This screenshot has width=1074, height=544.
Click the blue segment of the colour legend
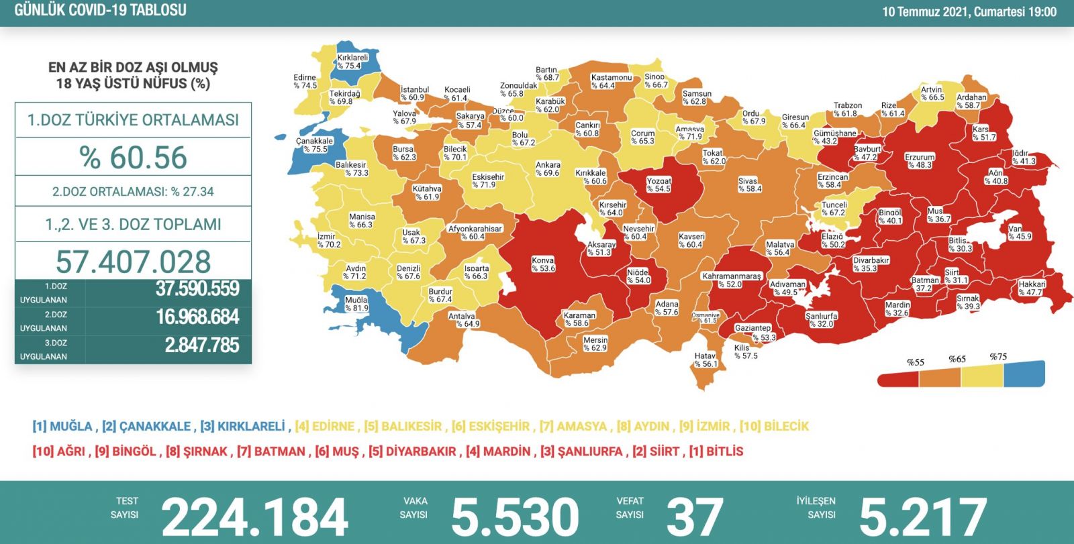(1024, 374)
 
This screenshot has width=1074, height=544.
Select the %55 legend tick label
(916, 362)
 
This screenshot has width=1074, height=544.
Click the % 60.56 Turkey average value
(134, 158)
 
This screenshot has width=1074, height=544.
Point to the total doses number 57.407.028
(134, 262)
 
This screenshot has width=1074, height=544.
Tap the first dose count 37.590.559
(197, 289)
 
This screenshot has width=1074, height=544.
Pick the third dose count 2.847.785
(201, 345)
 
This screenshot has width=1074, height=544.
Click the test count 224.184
(254, 517)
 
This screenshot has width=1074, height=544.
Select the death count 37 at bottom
(695, 517)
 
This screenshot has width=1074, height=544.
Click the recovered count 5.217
(922, 517)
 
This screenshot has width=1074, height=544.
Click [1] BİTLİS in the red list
(716, 451)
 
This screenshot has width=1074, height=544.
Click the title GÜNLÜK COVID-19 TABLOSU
(101, 10)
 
